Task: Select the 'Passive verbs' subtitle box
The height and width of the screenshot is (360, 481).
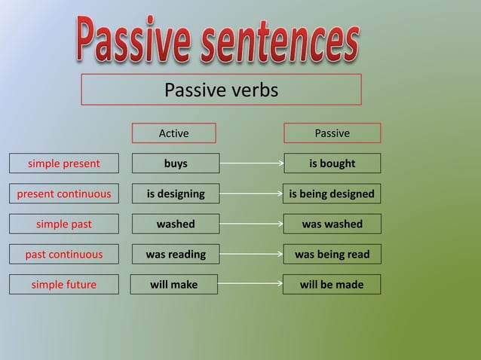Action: [x=221, y=90]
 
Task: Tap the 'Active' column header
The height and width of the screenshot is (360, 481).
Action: [x=173, y=133]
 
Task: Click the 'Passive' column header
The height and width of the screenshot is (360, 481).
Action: [x=332, y=133]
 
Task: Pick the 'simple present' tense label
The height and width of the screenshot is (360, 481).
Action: [x=63, y=163]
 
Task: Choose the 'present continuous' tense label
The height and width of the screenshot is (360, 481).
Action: [x=63, y=194]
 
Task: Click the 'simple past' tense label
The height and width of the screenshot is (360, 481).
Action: [x=63, y=224]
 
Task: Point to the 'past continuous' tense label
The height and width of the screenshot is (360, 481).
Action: [x=63, y=255]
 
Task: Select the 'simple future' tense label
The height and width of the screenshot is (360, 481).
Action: [x=63, y=285]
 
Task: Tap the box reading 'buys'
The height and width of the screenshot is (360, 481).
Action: [x=176, y=163]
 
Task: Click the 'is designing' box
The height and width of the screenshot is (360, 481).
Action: [x=176, y=194]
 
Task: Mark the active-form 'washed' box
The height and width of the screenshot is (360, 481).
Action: [x=176, y=224]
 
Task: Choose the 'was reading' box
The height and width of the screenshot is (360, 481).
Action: [x=176, y=255]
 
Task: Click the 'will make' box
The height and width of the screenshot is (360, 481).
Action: [x=173, y=285]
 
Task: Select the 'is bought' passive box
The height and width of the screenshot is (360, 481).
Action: [x=332, y=163]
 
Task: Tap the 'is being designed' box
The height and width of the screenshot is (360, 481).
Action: [x=332, y=194]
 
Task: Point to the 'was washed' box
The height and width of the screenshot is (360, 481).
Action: [x=332, y=224]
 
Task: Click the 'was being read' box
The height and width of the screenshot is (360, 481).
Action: [x=332, y=255]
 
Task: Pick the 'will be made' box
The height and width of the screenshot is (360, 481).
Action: [x=332, y=285]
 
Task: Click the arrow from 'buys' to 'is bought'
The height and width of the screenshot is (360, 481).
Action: [x=251, y=163]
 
